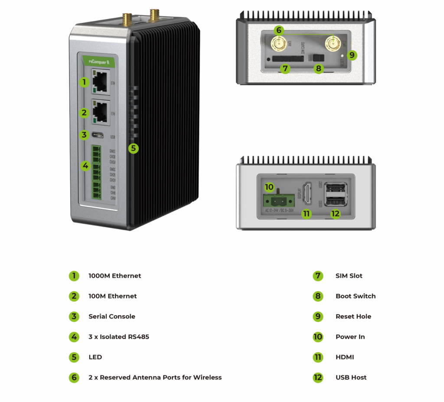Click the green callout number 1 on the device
(x=84, y=81)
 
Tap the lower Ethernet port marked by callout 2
(x=100, y=112)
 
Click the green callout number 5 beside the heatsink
(x=133, y=148)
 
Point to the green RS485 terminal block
(x=96, y=172)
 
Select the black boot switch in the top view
(x=320, y=58)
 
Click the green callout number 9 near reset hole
(x=352, y=55)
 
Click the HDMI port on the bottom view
(x=307, y=193)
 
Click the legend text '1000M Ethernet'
(x=114, y=276)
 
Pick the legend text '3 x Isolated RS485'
(x=118, y=337)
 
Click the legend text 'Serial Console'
(x=112, y=316)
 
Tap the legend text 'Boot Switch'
(x=356, y=296)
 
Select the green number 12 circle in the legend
(x=318, y=377)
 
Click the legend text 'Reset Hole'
(x=353, y=316)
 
